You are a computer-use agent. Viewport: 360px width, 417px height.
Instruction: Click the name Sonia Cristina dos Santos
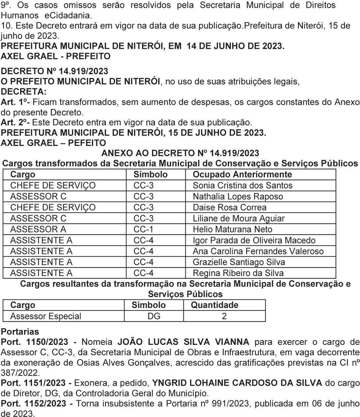(x=242, y=185)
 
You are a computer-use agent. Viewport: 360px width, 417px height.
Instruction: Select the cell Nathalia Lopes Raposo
(x=238, y=197)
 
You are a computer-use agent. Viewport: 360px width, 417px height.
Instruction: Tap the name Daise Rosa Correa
(x=229, y=208)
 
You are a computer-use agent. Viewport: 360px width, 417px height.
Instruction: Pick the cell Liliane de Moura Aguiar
(x=238, y=218)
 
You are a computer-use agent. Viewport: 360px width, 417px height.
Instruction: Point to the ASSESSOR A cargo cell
(x=38, y=229)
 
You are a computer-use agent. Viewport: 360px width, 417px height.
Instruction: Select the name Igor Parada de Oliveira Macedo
(x=254, y=240)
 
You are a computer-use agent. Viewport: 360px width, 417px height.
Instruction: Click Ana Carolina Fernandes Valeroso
(x=258, y=251)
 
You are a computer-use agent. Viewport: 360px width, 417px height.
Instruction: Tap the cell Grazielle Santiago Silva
(x=239, y=262)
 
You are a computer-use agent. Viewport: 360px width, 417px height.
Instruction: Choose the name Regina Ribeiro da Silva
(x=238, y=273)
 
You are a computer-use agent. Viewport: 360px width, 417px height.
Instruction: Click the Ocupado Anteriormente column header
(x=242, y=174)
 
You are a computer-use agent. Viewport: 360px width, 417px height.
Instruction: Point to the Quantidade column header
(x=214, y=305)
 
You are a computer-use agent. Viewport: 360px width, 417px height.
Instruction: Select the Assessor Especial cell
(x=45, y=316)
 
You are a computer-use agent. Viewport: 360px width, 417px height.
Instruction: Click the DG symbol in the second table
(x=154, y=316)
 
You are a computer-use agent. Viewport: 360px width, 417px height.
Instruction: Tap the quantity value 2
(x=224, y=316)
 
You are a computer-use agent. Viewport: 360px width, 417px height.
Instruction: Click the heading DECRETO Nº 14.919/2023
(x=55, y=71)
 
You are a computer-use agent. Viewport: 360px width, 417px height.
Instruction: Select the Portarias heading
(x=20, y=332)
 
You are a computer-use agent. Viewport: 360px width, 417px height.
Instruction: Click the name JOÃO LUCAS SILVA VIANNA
(x=183, y=342)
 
